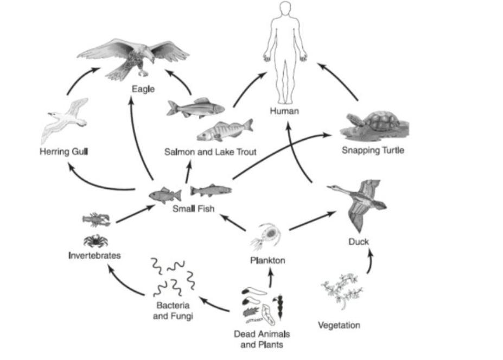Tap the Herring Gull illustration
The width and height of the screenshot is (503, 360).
pos(64,121)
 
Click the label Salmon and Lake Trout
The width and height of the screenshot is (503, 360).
pos(211,152)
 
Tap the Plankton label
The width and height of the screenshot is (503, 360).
pos(268,261)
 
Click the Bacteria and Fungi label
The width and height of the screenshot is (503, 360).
pos(173,310)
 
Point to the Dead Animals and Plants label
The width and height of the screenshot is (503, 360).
pos(262,339)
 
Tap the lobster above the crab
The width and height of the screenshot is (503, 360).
pos(96,219)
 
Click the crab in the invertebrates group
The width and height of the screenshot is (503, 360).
pos(95,239)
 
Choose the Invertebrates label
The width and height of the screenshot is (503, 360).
pos(94,255)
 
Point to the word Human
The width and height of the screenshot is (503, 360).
pos(285,111)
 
